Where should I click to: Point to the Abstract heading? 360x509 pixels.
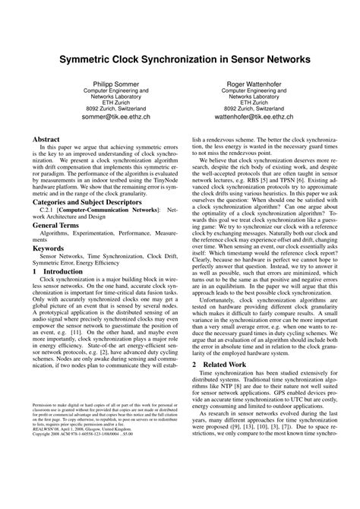pos(49,141)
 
